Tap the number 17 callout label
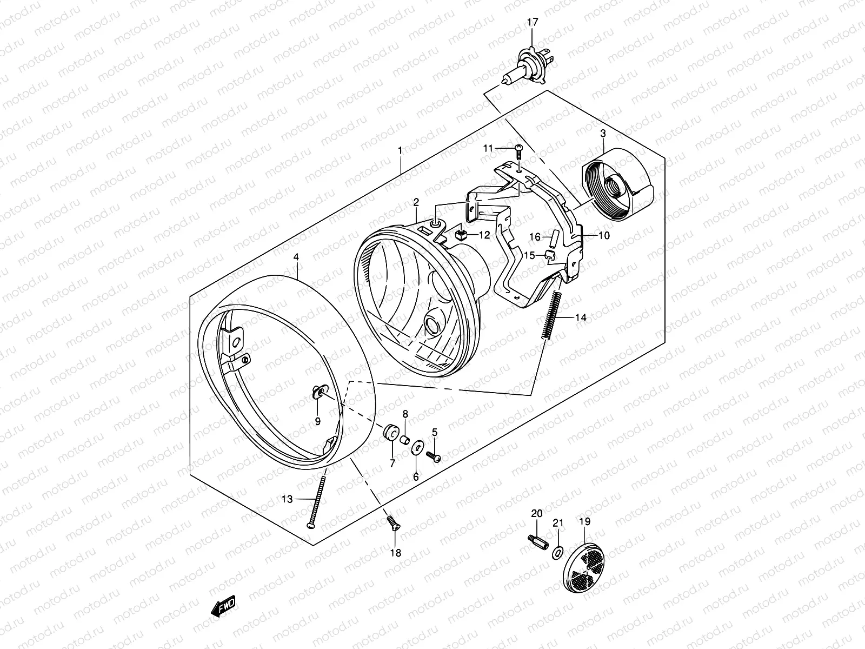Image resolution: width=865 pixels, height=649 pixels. point(532,23)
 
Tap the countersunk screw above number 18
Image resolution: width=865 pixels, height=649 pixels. point(392,522)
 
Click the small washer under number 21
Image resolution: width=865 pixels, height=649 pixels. point(557,553)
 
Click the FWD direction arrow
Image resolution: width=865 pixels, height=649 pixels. point(222,609)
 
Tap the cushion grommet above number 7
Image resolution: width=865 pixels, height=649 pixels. point(390,433)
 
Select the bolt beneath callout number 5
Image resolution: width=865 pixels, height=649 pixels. point(434,456)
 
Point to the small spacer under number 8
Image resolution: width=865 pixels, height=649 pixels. point(404,438)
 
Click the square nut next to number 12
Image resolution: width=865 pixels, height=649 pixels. point(460,235)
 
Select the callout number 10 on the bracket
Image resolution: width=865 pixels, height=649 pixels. point(603,236)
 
